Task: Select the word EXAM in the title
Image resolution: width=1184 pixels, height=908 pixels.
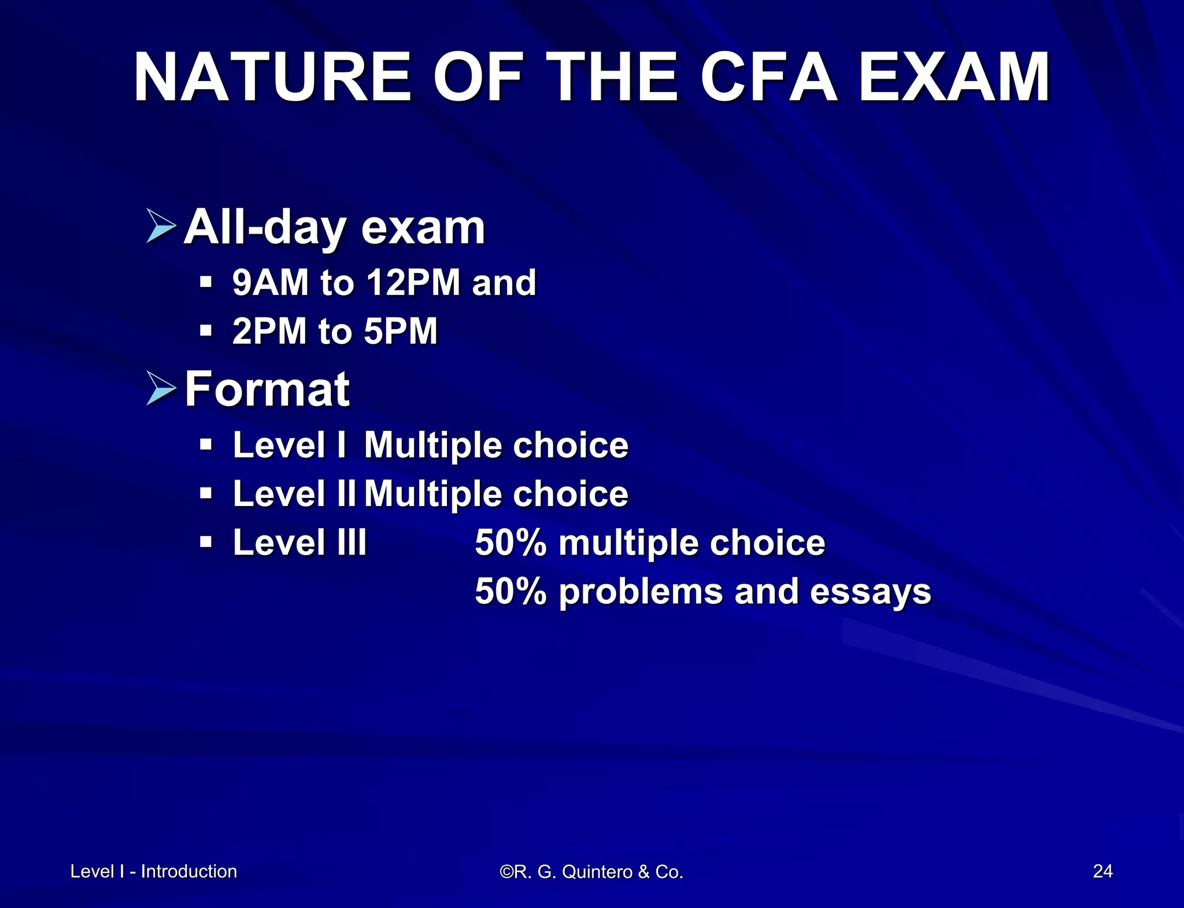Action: click(x=954, y=78)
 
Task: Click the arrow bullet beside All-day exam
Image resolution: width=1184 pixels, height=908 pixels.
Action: click(x=161, y=226)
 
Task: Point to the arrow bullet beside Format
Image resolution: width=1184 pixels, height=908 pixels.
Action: click(x=161, y=388)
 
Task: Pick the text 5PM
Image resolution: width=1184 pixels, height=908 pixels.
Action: click(x=401, y=331)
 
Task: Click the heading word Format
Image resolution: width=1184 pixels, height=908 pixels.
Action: click(x=267, y=389)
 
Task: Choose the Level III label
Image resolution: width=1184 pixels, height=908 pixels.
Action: click(x=299, y=542)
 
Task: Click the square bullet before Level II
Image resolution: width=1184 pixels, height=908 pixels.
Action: click(x=206, y=493)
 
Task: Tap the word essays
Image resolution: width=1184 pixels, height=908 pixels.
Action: click(x=870, y=592)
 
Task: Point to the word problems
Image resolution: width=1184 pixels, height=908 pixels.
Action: click(x=641, y=592)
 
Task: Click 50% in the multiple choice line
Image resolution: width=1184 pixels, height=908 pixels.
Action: click(x=510, y=543)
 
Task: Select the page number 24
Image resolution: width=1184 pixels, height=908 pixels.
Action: click(x=1102, y=871)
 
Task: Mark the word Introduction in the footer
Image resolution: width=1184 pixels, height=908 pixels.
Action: click(x=188, y=871)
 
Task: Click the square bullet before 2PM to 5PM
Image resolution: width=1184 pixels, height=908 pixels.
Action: click(x=206, y=331)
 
